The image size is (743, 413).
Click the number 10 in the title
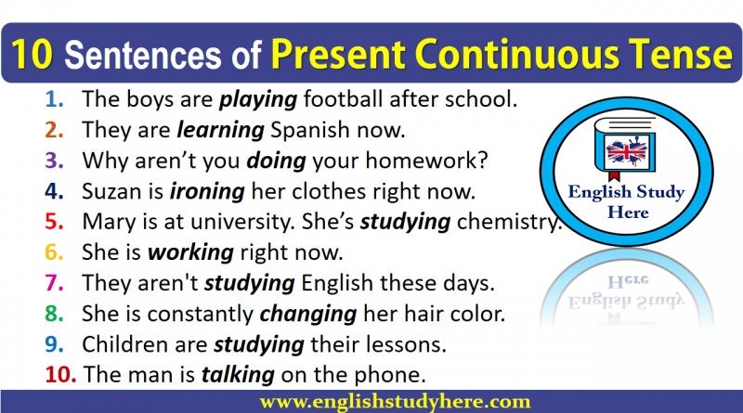coord(32,55)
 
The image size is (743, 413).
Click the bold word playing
coord(258,100)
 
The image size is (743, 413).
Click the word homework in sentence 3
coord(426,161)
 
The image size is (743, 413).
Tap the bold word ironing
coord(207,192)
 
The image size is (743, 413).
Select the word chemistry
coord(509,222)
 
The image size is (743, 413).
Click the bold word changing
coord(308,315)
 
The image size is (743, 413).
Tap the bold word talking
coord(239,375)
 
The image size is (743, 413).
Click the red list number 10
coord(60,375)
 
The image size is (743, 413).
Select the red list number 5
coord(54,222)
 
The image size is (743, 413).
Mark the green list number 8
coord(54,314)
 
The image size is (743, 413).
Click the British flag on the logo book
coord(626,151)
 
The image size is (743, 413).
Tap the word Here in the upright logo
coord(628,213)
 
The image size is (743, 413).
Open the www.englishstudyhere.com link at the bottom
coord(396,402)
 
